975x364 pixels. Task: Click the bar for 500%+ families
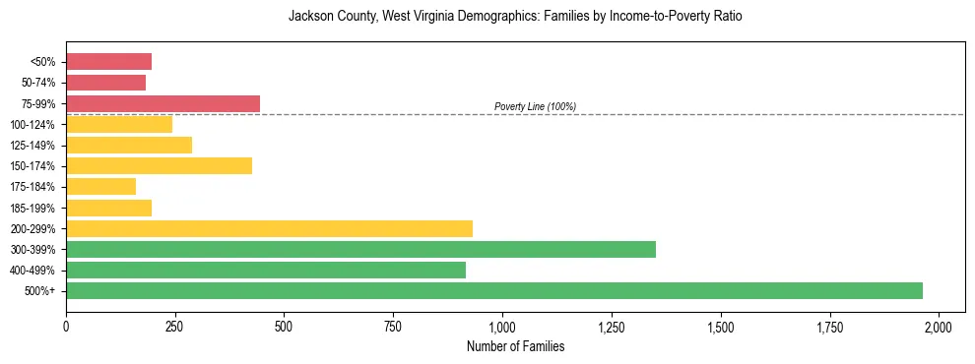click(492, 290)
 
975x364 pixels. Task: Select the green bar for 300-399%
click(360, 249)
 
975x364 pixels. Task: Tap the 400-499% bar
click(266, 270)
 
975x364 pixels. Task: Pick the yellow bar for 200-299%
click(269, 228)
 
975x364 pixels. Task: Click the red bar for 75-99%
click(162, 103)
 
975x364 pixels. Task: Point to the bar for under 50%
click(108, 62)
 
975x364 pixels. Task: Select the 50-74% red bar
click(105, 83)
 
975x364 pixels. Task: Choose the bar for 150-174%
click(159, 165)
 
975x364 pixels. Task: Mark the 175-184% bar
click(100, 186)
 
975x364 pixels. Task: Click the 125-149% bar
click(129, 145)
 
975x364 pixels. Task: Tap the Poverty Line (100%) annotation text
click(535, 106)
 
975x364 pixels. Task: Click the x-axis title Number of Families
click(515, 346)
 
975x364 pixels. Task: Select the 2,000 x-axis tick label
click(939, 326)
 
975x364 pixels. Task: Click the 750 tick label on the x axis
click(393, 326)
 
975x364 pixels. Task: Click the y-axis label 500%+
click(40, 291)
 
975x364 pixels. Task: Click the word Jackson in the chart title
click(309, 17)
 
